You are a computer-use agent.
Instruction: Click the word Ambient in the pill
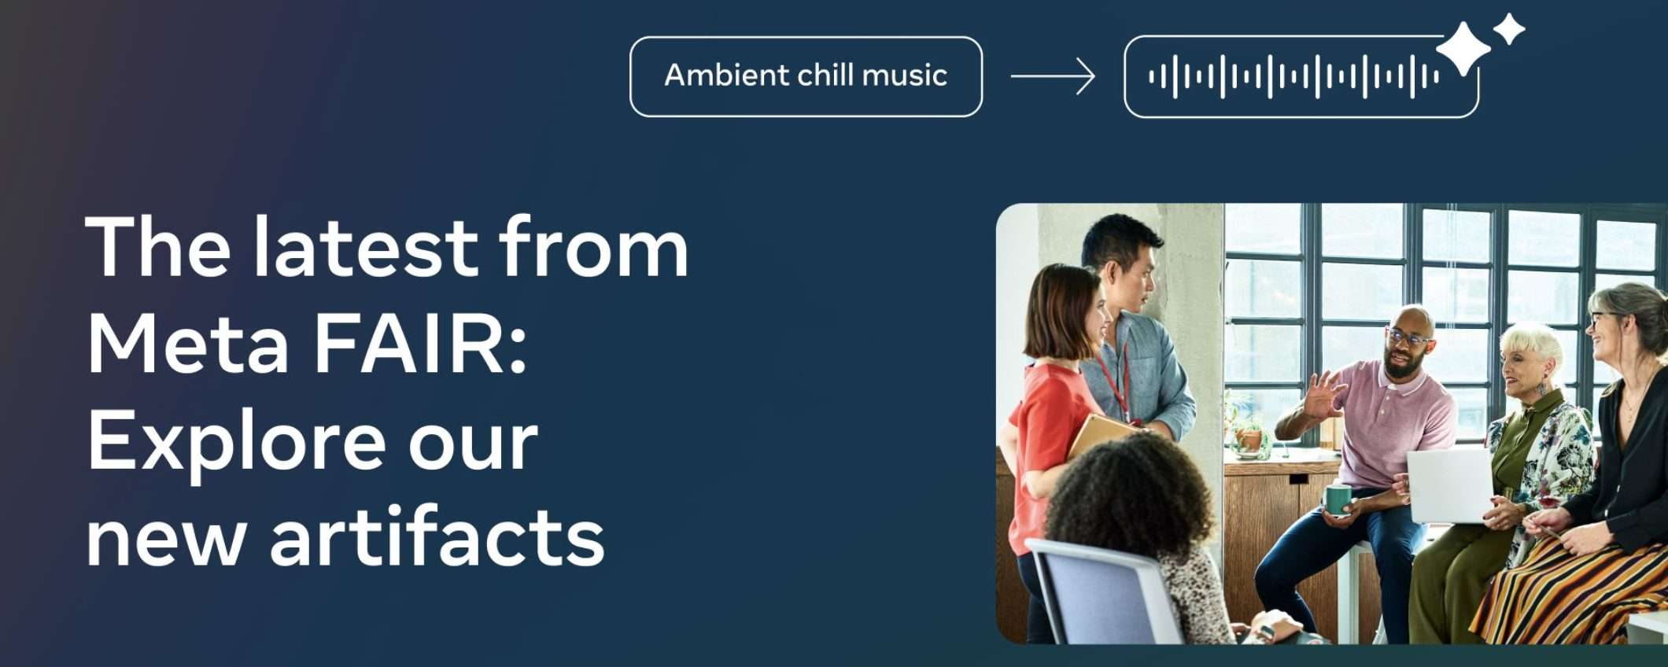[726, 76]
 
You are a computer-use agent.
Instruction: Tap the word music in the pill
[904, 76]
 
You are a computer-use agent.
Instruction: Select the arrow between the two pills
[1053, 76]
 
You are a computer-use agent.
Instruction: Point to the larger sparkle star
[1463, 49]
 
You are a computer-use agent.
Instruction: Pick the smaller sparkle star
[1509, 30]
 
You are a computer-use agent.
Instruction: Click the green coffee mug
[1337, 500]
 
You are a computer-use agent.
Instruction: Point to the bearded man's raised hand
[1323, 394]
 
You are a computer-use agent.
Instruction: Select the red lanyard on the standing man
[1116, 381]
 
